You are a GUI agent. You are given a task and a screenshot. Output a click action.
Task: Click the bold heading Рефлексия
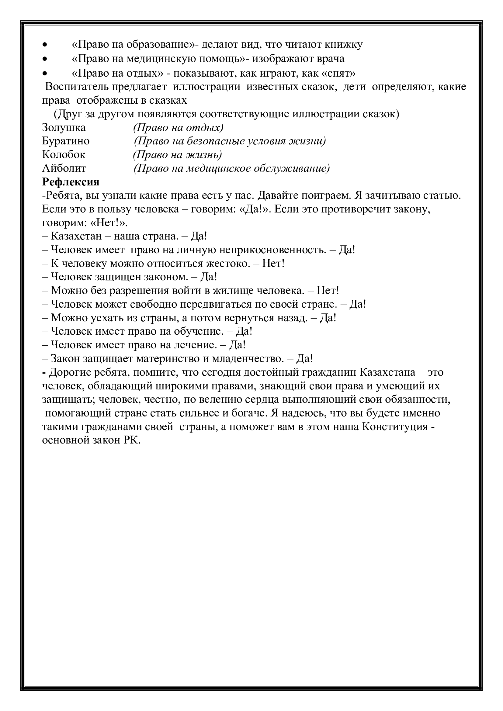click(71, 182)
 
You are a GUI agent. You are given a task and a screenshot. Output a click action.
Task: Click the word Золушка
click(64, 128)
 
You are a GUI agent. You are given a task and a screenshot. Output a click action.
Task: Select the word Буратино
click(66, 141)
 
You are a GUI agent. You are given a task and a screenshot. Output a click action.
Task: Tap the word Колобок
click(64, 154)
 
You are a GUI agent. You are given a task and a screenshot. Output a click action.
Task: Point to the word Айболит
click(64, 168)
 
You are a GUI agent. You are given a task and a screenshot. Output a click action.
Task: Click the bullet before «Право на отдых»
click(45, 74)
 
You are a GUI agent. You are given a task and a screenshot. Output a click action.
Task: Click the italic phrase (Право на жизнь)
click(178, 154)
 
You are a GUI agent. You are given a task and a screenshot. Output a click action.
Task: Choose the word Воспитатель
click(77, 87)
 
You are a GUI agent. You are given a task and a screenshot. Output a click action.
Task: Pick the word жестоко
click(227, 263)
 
